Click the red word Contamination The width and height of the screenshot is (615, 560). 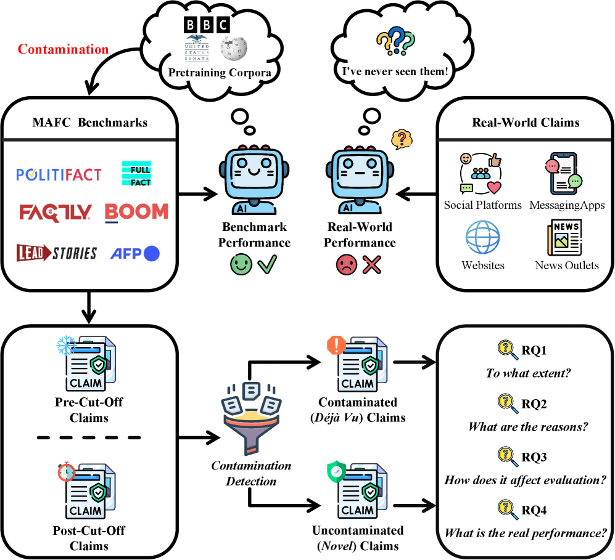pyautogui.click(x=63, y=49)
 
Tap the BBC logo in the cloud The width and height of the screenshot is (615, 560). pyautogui.click(x=207, y=25)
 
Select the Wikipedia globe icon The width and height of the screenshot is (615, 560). pyautogui.click(x=234, y=49)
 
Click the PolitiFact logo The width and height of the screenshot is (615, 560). pyautogui.click(x=59, y=174)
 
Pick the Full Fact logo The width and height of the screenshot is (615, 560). pyautogui.click(x=136, y=173)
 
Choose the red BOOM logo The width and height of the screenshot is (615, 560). pyautogui.click(x=136, y=213)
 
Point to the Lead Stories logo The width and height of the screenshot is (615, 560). pyautogui.click(x=57, y=253)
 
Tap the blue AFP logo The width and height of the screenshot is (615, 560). pyautogui.click(x=135, y=253)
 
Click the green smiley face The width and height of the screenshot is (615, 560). pyautogui.click(x=241, y=265)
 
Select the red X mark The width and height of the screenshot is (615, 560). pyautogui.click(x=372, y=265)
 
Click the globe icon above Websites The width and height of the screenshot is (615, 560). pyautogui.click(x=482, y=237)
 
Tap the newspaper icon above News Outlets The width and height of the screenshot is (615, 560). pyautogui.click(x=564, y=237)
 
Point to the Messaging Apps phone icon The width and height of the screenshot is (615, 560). pyautogui.click(x=564, y=174)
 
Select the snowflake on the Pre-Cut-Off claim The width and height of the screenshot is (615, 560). pyautogui.click(x=66, y=345)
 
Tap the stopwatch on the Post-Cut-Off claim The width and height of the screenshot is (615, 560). pyautogui.click(x=66, y=472)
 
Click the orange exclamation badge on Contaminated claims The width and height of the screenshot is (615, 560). pyautogui.click(x=336, y=345)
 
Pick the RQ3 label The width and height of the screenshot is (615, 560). pyautogui.click(x=534, y=457)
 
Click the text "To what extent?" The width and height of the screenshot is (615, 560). pyautogui.click(x=528, y=373)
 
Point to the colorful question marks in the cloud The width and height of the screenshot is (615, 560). pyautogui.click(x=395, y=41)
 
